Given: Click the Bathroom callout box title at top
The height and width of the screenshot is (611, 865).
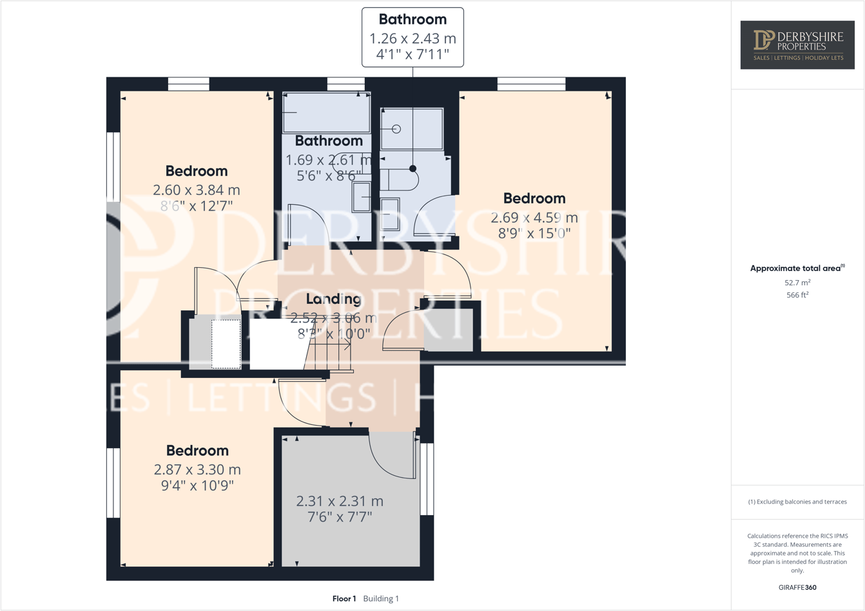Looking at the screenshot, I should (x=413, y=20).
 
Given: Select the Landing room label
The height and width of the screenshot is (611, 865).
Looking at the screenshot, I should (x=333, y=299).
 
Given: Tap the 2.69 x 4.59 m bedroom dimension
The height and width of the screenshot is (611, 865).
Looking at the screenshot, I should (x=534, y=218).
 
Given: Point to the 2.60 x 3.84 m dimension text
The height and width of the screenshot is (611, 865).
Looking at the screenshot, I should (x=197, y=190).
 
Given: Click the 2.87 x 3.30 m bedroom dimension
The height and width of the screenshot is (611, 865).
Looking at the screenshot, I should (x=197, y=469).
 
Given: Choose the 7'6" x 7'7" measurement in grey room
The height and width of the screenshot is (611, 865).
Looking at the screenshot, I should (x=340, y=516).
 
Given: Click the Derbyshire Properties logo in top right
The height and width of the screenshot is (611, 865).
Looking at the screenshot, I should (x=797, y=44).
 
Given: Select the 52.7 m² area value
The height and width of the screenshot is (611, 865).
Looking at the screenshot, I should (x=797, y=283).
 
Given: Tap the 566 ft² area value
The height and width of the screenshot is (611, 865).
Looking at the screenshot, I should (x=797, y=295).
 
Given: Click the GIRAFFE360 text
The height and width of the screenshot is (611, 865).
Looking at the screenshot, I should (x=797, y=587).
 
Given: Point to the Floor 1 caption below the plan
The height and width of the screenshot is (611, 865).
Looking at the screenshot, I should (x=344, y=599).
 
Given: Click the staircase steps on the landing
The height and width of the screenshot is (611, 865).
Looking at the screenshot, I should (x=329, y=356).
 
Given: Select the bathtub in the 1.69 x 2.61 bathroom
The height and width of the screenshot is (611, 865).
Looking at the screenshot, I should (x=326, y=113).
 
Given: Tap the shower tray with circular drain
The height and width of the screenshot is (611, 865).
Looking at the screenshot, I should (x=411, y=129).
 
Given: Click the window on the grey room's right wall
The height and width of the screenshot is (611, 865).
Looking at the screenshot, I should (x=427, y=479).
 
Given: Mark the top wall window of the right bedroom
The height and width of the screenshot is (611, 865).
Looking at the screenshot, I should (x=531, y=84).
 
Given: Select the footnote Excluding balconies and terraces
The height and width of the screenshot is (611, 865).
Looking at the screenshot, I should (x=797, y=502).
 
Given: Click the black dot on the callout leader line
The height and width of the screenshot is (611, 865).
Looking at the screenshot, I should (x=413, y=169).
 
